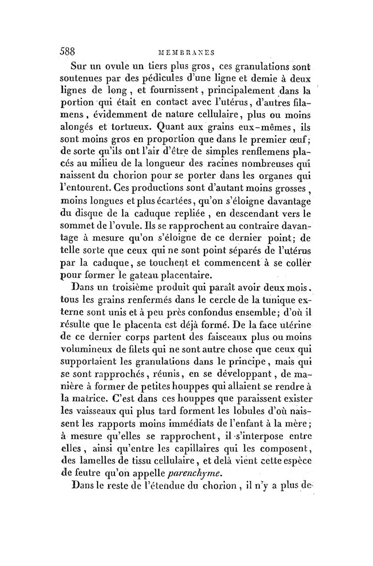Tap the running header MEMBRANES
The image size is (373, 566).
[186, 52]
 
